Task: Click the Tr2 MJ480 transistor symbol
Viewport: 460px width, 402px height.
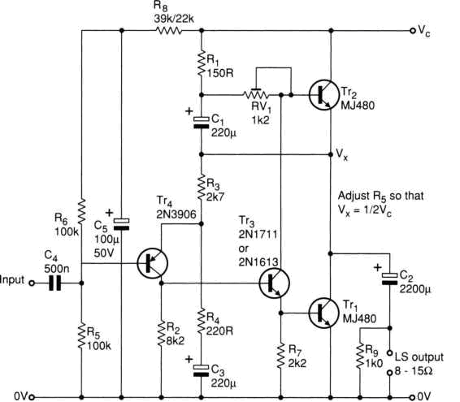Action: coord(323,95)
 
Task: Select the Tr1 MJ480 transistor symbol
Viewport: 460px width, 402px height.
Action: coord(323,313)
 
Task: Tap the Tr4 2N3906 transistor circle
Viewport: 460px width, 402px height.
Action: coord(152,263)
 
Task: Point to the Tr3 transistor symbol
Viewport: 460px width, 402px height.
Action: coord(275,283)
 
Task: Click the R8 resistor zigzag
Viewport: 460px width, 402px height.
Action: coord(168,31)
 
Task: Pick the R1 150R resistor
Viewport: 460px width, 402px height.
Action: coord(202,63)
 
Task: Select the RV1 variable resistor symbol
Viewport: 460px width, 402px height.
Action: coord(256,93)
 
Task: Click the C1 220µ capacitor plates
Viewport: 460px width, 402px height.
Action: coord(202,123)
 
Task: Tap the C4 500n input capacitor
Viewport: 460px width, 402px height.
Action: coord(55,283)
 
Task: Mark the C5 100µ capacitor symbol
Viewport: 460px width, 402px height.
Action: coord(121,224)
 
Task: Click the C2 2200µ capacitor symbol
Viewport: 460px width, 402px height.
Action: coord(389,279)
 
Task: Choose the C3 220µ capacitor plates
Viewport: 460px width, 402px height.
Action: coord(202,370)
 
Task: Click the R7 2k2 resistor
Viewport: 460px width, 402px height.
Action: coord(280,356)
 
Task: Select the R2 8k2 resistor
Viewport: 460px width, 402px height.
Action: coord(161,334)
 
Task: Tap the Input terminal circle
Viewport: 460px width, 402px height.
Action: coord(32,283)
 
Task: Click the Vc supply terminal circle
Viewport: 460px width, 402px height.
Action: coord(413,31)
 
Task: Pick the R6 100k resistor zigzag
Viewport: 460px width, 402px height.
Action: coord(82,211)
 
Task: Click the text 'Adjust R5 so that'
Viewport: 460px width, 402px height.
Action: coord(381,196)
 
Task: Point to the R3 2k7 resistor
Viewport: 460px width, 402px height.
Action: coord(202,188)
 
